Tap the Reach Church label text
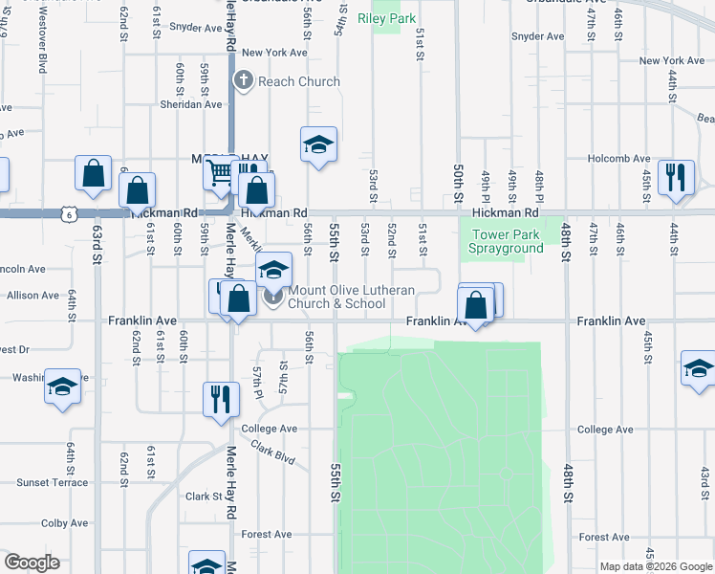(x=298, y=81)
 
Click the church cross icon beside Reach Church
(x=244, y=81)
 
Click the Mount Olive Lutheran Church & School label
(x=336, y=297)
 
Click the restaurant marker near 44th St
(x=676, y=178)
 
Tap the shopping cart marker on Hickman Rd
(x=221, y=174)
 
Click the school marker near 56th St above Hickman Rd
(x=318, y=145)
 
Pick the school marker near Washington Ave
(x=62, y=387)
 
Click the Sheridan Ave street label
(x=191, y=104)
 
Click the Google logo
(x=32, y=563)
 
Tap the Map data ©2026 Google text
(x=655, y=566)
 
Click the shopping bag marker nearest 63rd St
(x=94, y=174)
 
